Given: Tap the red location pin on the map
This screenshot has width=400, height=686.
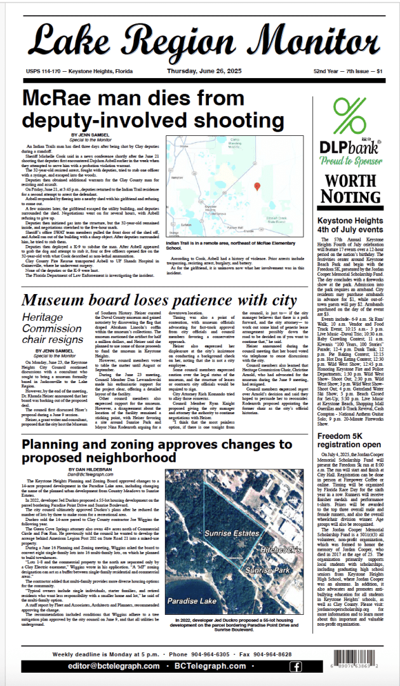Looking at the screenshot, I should [257, 186].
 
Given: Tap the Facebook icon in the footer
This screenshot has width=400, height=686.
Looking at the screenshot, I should [295, 666].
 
